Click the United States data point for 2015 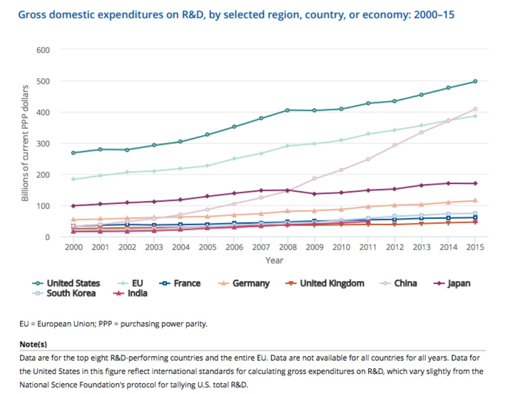click(x=475, y=81)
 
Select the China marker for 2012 click(x=395, y=145)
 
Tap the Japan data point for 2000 click(x=73, y=206)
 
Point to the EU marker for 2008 click(x=287, y=146)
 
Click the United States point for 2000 click(x=73, y=153)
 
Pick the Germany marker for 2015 click(x=475, y=201)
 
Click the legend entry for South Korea click(x=67, y=293)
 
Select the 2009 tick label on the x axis click(x=314, y=247)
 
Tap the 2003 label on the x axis click(x=154, y=247)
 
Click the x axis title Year click(x=274, y=260)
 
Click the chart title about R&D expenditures click(x=236, y=14)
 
